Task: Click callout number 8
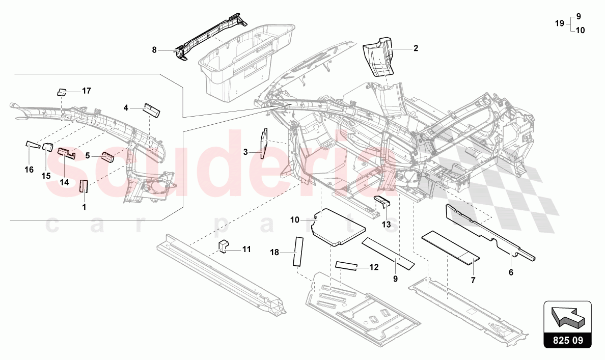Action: [x=154, y=50]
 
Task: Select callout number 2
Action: [x=416, y=48]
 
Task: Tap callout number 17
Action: [x=87, y=91]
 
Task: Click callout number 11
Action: [x=246, y=250]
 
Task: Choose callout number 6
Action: [x=511, y=272]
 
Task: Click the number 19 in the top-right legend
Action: [x=559, y=23]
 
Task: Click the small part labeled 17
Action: [x=61, y=92]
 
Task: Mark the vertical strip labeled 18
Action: [x=297, y=251]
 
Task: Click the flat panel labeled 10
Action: [x=339, y=227]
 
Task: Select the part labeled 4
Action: [x=152, y=109]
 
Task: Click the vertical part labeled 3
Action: [x=264, y=144]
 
